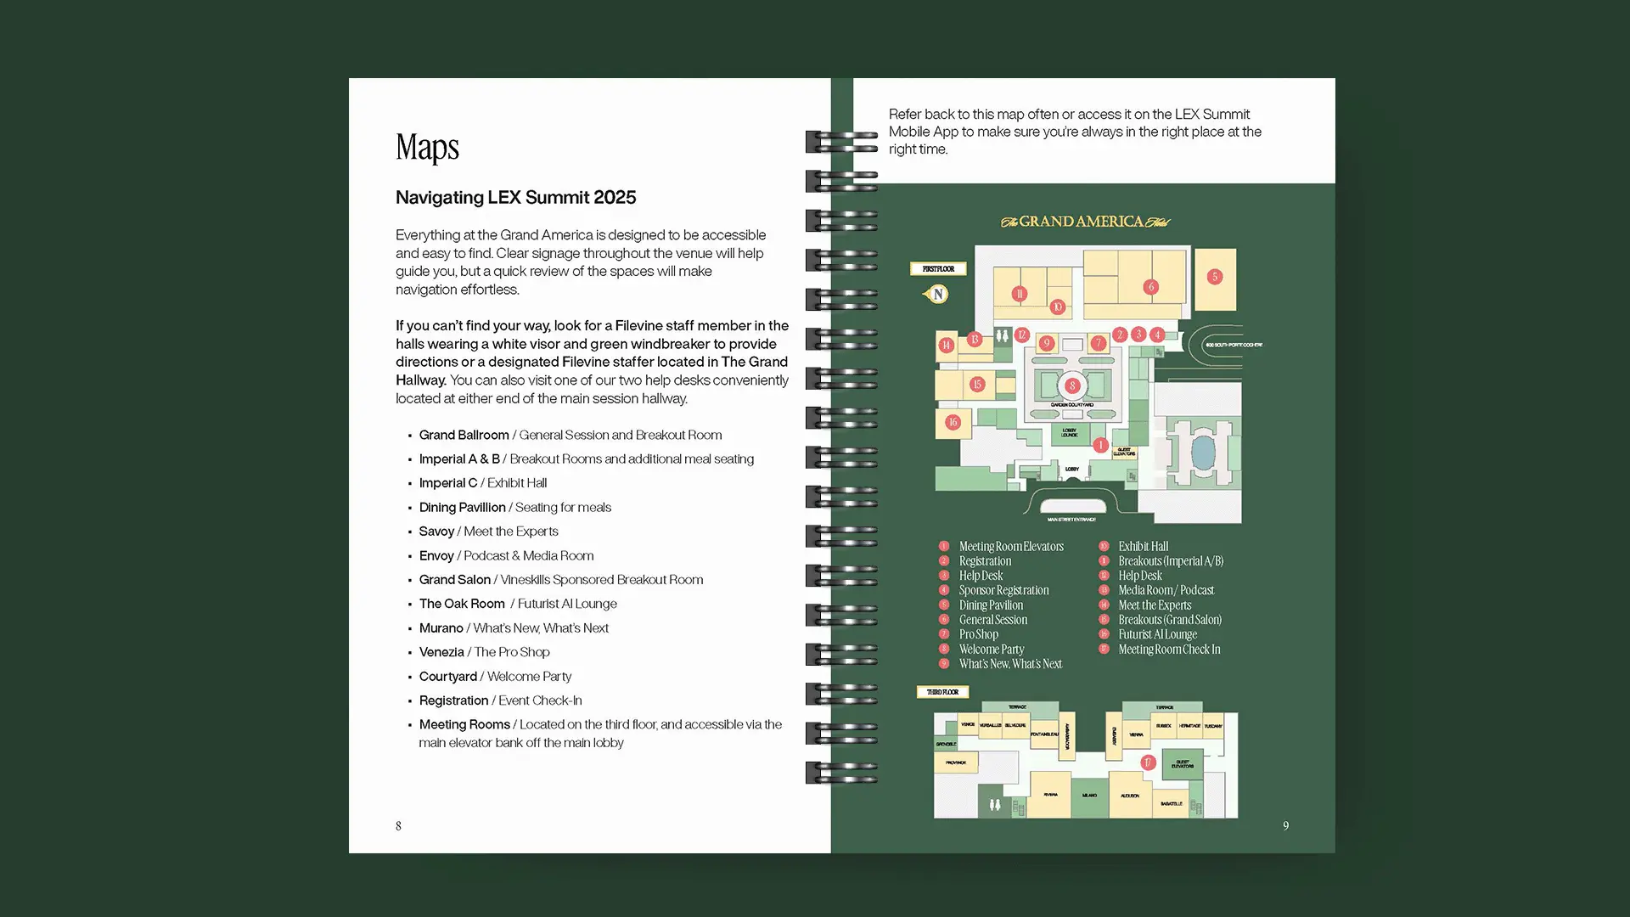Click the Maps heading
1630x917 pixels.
[x=427, y=148]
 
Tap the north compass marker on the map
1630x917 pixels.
[x=937, y=294]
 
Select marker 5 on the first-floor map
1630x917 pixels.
[x=1215, y=277]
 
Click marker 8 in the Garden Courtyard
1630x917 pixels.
[x=1072, y=385]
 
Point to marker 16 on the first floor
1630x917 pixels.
[x=953, y=422]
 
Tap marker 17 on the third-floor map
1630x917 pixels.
[x=1148, y=762]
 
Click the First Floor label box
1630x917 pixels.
[x=938, y=269]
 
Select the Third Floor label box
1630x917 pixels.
[x=942, y=692]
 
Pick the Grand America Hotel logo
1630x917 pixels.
[x=1085, y=222]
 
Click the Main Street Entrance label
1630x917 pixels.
[x=1071, y=520]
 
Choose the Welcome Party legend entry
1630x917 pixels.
[x=992, y=650]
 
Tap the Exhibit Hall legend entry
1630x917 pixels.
[x=1143, y=547]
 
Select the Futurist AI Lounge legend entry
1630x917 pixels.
[x=1157, y=634]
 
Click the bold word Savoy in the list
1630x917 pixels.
[x=436, y=532]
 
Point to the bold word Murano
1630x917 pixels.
[x=441, y=628]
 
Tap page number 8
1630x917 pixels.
[x=398, y=825]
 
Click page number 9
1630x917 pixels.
[x=1285, y=825]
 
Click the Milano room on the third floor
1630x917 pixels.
[x=1089, y=796]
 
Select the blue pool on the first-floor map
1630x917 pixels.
[x=1202, y=453]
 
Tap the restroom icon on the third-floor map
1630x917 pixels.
[x=995, y=804]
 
